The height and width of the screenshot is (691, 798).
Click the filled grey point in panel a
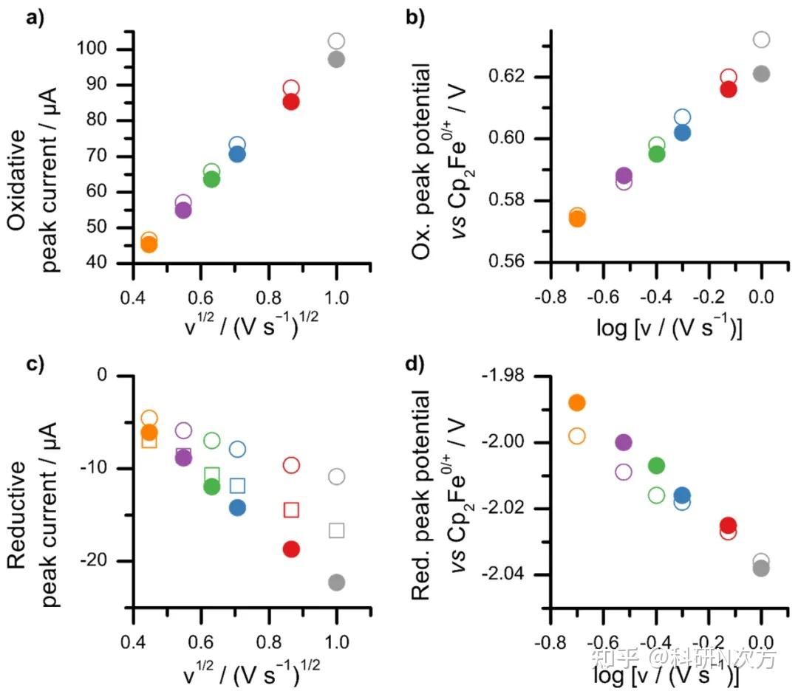coord(336,60)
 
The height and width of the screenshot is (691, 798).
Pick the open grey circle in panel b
coord(761,39)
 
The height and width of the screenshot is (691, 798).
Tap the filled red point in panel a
coord(290,102)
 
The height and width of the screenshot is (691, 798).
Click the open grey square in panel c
coord(336,530)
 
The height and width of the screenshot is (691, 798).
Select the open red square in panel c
coord(291,509)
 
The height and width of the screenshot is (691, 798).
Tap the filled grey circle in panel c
coord(336,582)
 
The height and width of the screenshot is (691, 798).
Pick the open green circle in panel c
coord(212,441)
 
